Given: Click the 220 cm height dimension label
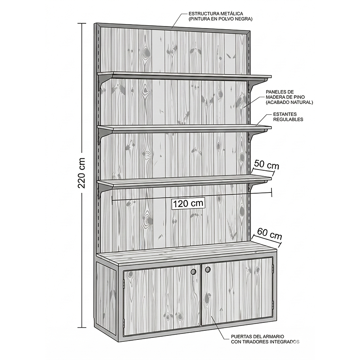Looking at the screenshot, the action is pyautogui.click(x=81, y=173).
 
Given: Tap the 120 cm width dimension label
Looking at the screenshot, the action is pyautogui.click(x=188, y=204).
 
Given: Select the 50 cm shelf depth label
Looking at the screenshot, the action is pyautogui.click(x=267, y=165).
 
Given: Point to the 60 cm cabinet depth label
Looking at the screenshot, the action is pyautogui.click(x=270, y=234).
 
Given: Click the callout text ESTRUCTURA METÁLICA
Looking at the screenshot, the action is pyautogui.click(x=216, y=14).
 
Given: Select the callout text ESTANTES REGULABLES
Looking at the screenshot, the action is pyautogui.click(x=288, y=117).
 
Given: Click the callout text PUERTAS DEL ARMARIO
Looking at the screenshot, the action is pyautogui.click(x=257, y=336).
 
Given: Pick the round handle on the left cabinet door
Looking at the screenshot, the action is pyautogui.click(x=194, y=271).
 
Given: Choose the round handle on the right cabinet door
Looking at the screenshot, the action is pyautogui.click(x=208, y=270).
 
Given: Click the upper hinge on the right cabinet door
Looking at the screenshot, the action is pyautogui.click(x=273, y=267).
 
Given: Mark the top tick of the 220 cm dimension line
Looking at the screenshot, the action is pyautogui.click(x=81, y=23).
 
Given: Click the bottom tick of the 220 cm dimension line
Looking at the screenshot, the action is pyautogui.click(x=81, y=327).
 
